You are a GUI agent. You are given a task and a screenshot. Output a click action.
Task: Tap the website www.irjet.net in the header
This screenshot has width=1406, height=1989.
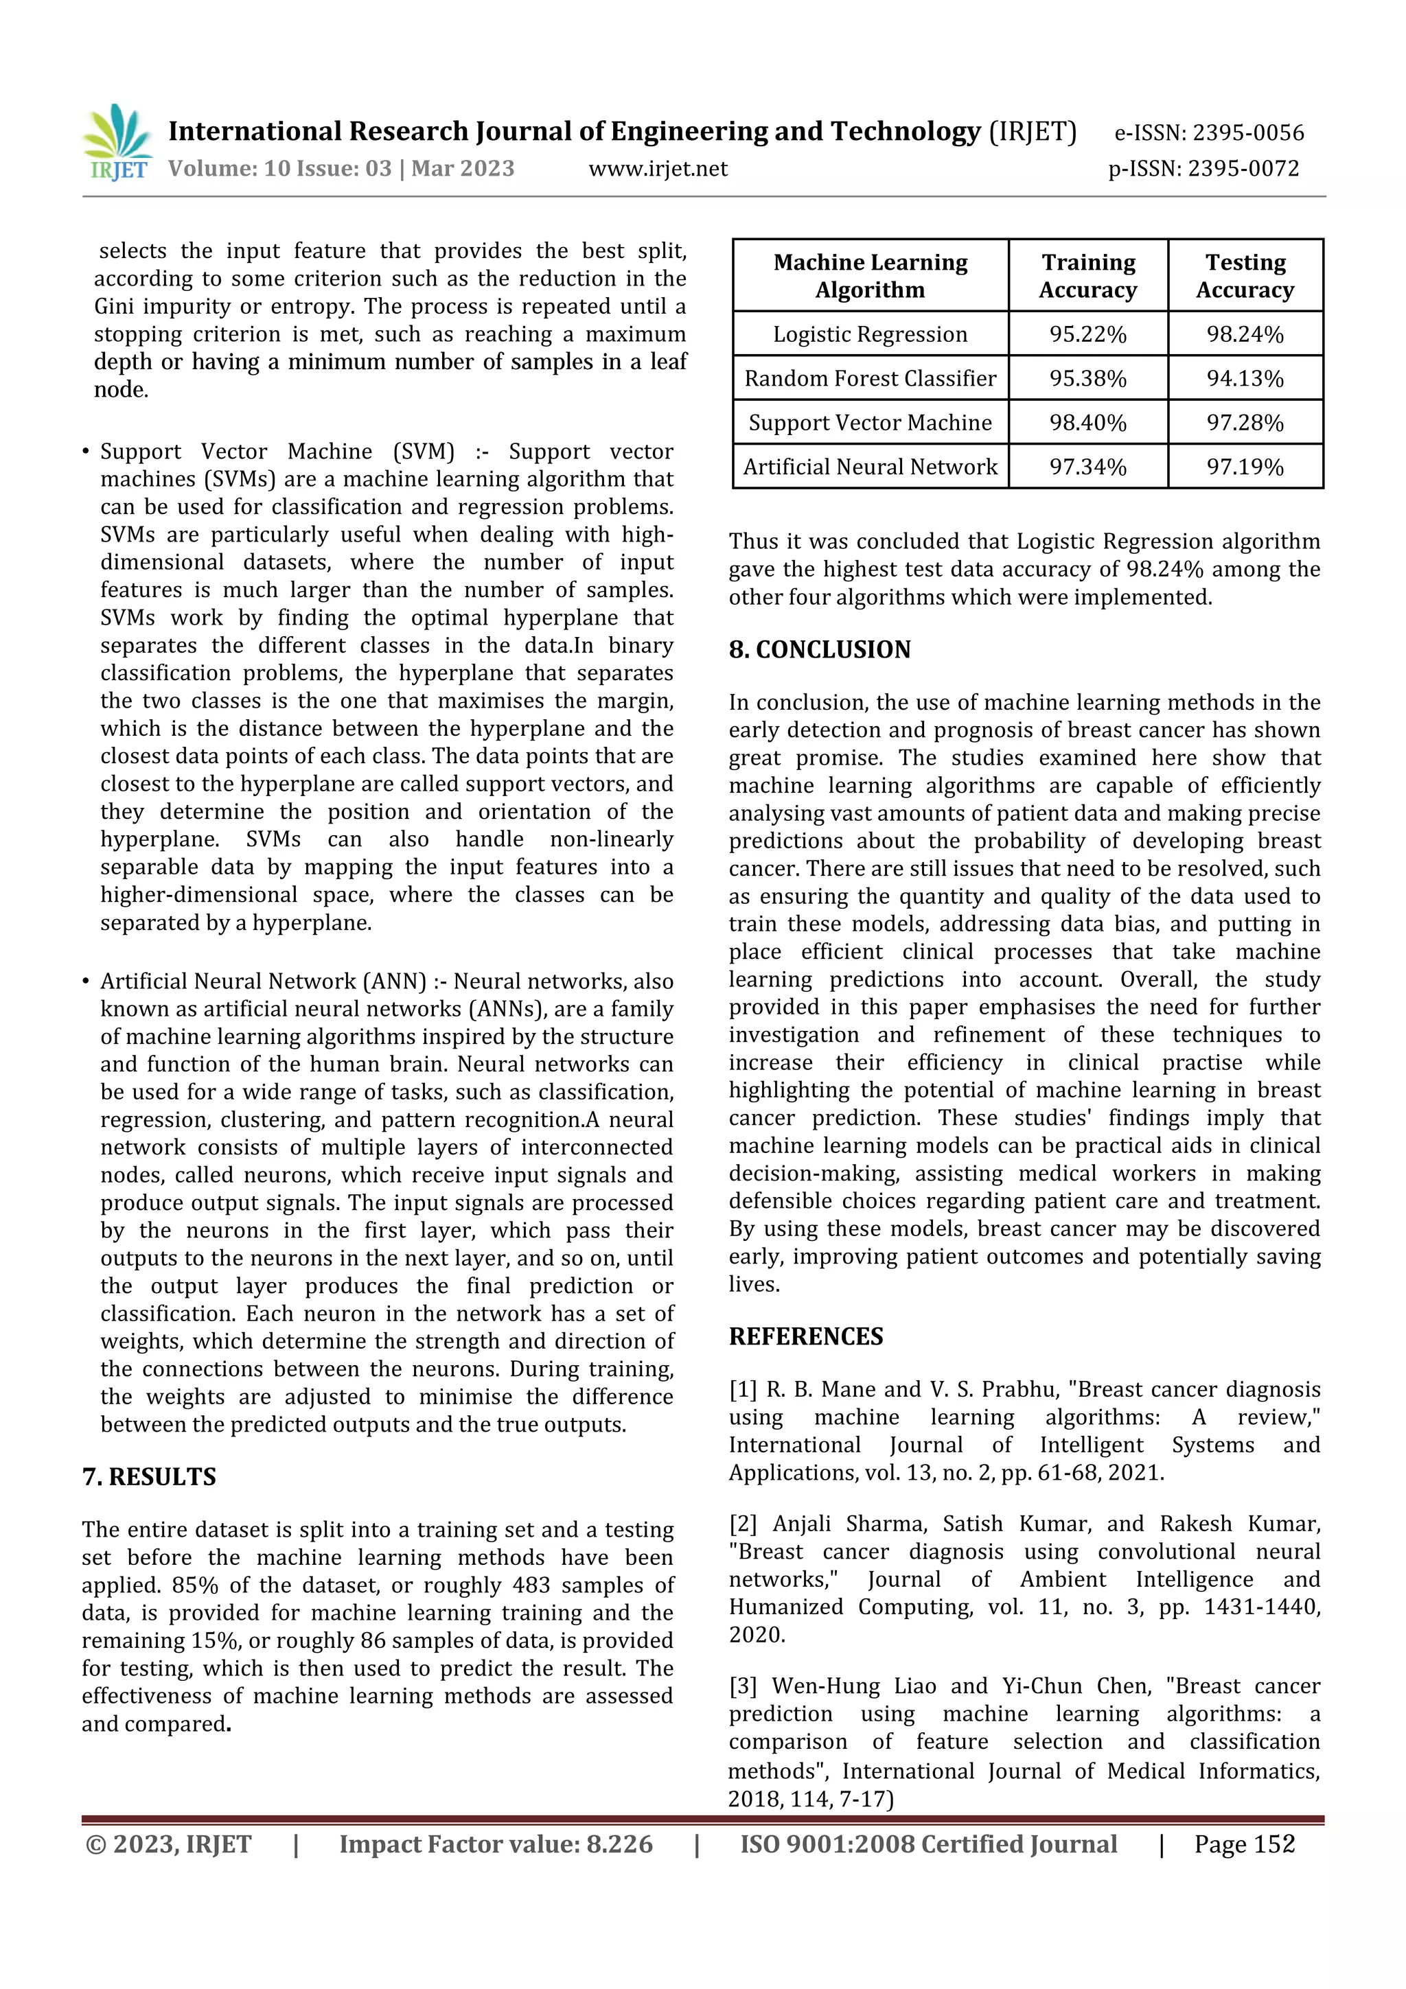pyautogui.click(x=658, y=169)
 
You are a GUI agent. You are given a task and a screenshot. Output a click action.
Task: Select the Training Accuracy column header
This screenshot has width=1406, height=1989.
pyautogui.click(x=1087, y=275)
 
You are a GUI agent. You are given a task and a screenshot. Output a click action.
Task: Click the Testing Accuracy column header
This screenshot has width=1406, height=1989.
pyautogui.click(x=1245, y=275)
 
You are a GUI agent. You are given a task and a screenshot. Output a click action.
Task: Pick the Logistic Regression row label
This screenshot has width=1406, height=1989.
pyautogui.click(x=870, y=334)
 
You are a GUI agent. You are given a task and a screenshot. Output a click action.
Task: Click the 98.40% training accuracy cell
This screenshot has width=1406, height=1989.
pyautogui.click(x=1087, y=423)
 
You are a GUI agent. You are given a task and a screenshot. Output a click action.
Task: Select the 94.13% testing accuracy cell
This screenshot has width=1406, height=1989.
pyautogui.click(x=1245, y=379)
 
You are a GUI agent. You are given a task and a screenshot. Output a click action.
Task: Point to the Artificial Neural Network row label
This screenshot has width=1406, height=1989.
pyautogui.click(x=870, y=467)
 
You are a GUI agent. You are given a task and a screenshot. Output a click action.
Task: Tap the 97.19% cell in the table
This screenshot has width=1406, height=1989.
pyautogui.click(x=1245, y=467)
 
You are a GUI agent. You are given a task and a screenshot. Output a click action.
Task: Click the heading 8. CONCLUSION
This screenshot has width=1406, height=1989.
pyautogui.click(x=820, y=650)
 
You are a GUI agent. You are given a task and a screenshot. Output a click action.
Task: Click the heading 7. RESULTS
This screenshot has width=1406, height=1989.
pyautogui.click(x=149, y=1477)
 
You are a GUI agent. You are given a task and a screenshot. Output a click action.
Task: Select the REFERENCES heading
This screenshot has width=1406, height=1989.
pyautogui.click(x=806, y=1337)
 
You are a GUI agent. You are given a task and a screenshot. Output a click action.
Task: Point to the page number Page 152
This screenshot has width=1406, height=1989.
pyautogui.click(x=1244, y=1843)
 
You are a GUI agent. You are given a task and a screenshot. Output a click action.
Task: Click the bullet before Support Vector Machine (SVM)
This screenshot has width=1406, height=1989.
pyautogui.click(x=86, y=452)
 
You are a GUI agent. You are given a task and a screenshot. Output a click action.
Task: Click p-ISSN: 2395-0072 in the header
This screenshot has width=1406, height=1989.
pyautogui.click(x=1203, y=169)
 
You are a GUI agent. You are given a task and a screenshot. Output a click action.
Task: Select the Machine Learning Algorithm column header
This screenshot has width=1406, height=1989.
pyautogui.click(x=870, y=275)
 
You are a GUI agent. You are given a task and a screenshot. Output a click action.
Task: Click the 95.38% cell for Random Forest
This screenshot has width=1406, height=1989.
pyautogui.click(x=1087, y=379)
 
